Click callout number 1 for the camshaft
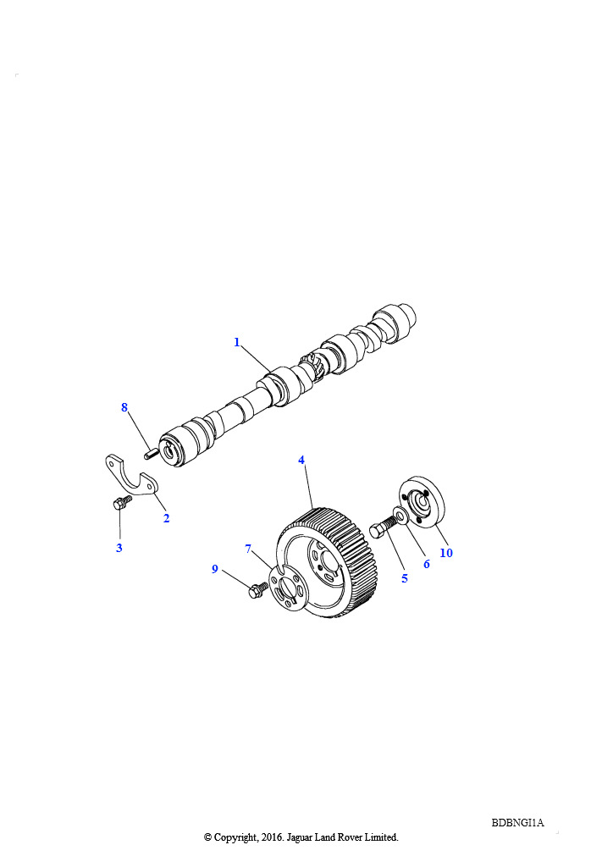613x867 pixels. (x=237, y=342)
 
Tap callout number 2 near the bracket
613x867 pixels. (x=167, y=518)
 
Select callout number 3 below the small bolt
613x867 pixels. (x=119, y=548)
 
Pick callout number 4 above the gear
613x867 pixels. (x=301, y=460)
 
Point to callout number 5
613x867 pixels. (x=405, y=578)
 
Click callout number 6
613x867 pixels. (x=426, y=564)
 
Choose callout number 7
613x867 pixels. (x=248, y=549)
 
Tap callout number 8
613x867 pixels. (x=124, y=407)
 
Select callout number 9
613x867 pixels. (x=215, y=569)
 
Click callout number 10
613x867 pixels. (x=446, y=553)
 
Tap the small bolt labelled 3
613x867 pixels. (x=122, y=503)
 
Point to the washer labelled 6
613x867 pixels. (x=401, y=513)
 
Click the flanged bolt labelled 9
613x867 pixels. (x=258, y=590)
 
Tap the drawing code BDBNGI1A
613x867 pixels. (x=517, y=823)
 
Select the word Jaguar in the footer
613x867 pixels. (x=299, y=837)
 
